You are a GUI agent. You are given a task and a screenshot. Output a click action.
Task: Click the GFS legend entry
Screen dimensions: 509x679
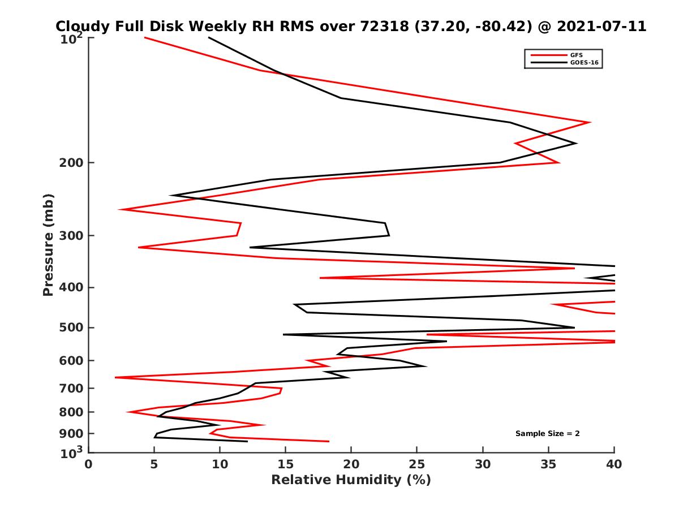point(577,55)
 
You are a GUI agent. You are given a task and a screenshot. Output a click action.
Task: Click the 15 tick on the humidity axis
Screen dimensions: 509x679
point(286,464)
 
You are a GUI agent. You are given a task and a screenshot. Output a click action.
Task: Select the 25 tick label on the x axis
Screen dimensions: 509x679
point(417,464)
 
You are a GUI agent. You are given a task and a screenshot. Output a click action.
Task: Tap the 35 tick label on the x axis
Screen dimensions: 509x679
point(548,464)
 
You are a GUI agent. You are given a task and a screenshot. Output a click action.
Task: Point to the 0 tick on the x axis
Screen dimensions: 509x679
point(89,464)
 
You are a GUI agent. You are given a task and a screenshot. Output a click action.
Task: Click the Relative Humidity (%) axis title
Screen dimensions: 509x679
point(351,480)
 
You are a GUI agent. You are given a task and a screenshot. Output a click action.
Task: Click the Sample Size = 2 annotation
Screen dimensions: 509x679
point(547,434)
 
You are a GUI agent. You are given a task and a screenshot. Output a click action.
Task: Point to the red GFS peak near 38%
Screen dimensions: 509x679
point(590,122)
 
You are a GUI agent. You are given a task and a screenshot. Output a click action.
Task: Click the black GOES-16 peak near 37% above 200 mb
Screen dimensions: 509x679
point(576,143)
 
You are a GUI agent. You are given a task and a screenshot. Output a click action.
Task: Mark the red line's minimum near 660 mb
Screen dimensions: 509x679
point(115,377)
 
